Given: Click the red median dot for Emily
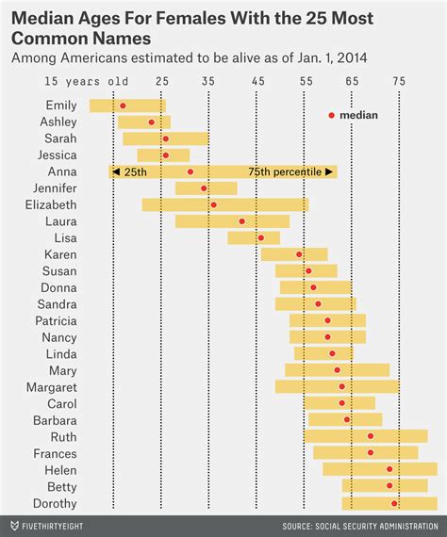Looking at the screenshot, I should (123, 106).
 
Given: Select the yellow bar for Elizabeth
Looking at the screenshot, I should (224, 204).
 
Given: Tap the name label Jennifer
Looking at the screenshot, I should (55, 188).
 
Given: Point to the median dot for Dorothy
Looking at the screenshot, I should (394, 503).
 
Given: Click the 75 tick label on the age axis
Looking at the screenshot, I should (399, 81).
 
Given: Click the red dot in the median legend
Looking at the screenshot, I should (331, 115).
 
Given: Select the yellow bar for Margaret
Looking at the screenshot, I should (337, 386).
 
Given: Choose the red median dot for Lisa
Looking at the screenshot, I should (261, 237).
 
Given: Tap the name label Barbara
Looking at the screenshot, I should (55, 420).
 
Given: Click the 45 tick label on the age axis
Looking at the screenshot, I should (257, 81).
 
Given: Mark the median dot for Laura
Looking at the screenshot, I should (241, 221).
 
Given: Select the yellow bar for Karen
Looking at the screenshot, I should (294, 254).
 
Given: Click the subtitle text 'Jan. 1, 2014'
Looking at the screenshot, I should (325, 57).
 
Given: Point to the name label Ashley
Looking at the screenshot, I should (58, 122).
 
